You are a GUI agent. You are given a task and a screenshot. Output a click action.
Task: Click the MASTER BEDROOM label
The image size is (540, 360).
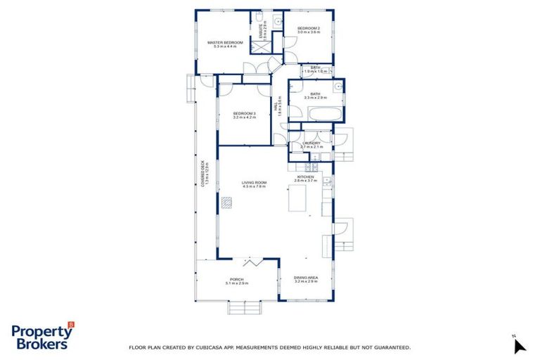pyautogui.click(x=225, y=42)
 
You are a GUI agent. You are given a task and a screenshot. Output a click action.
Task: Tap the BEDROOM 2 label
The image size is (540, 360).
pyautogui.click(x=308, y=27)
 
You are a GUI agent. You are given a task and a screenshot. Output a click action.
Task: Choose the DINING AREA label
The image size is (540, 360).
pyautogui.click(x=307, y=278)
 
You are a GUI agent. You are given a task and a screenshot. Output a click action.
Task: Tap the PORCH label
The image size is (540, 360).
pyautogui.click(x=237, y=279)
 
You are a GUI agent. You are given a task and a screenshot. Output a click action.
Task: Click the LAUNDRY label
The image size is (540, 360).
pyautogui.click(x=311, y=143)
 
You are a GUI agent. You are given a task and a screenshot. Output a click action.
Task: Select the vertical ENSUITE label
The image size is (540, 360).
pyautogui.click(x=262, y=32)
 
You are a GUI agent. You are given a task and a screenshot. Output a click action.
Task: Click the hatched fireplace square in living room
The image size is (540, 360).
pyautogui.click(x=225, y=203)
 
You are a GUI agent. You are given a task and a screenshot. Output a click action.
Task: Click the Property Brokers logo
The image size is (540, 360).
pyautogui.click(x=42, y=337)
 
